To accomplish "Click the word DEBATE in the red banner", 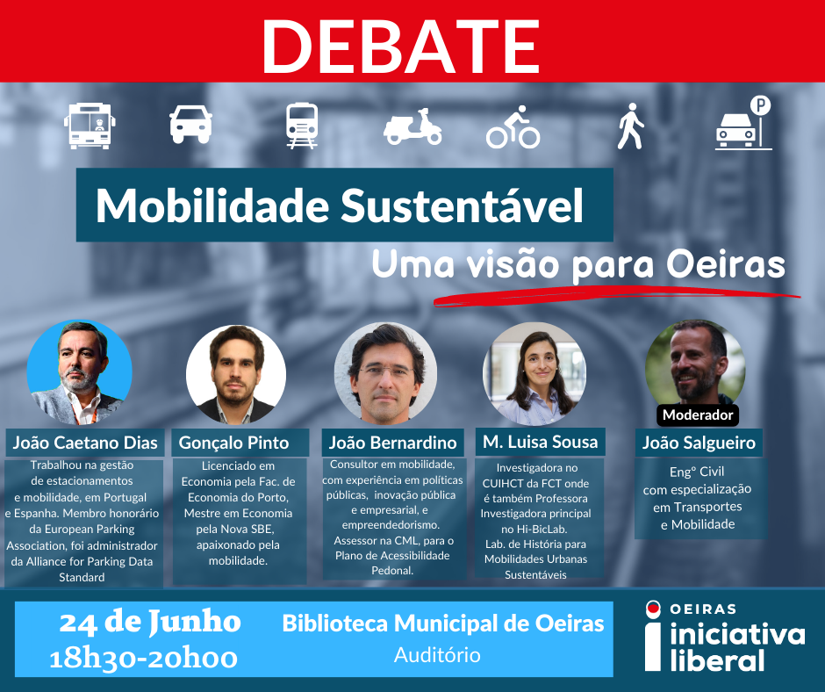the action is [x=401, y=47].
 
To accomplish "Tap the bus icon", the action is [x=90, y=126].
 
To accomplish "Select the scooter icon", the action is [x=412, y=127].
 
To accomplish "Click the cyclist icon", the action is [x=513, y=127].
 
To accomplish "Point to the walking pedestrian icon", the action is [x=630, y=126].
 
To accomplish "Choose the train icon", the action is [x=302, y=126].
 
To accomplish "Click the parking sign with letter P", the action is [x=760, y=106].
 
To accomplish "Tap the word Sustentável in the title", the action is [x=462, y=205].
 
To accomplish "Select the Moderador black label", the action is [x=698, y=415].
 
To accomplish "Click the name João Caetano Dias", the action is [x=85, y=443].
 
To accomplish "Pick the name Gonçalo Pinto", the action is [x=233, y=443].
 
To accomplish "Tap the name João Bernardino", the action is [x=392, y=443].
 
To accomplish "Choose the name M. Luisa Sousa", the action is [x=541, y=442].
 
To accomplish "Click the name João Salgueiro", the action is [x=699, y=443].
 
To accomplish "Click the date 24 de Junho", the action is [x=150, y=622].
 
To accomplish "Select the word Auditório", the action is [x=437, y=655].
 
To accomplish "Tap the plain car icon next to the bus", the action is [x=190, y=125].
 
